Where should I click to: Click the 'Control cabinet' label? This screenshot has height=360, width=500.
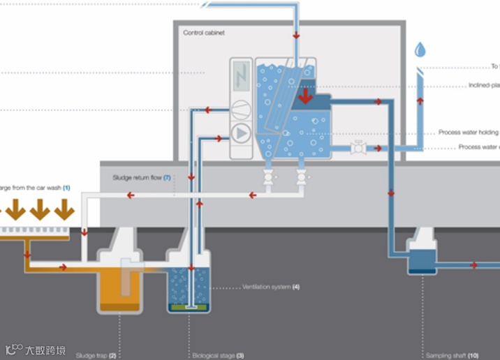204,33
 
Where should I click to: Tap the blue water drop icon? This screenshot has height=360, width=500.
420,50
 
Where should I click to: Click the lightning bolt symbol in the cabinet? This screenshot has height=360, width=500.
241,76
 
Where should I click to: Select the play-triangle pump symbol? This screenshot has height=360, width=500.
240,133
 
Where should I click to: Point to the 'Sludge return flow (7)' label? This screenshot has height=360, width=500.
142,178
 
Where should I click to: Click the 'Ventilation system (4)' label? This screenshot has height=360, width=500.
271,287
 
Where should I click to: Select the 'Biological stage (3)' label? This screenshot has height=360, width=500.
217,355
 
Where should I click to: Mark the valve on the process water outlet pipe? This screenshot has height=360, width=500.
358,148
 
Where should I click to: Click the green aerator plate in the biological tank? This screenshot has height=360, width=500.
189,306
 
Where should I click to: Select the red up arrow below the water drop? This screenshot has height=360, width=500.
420,100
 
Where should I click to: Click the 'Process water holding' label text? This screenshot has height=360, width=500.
469,133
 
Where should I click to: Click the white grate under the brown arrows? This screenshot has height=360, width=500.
31,230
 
